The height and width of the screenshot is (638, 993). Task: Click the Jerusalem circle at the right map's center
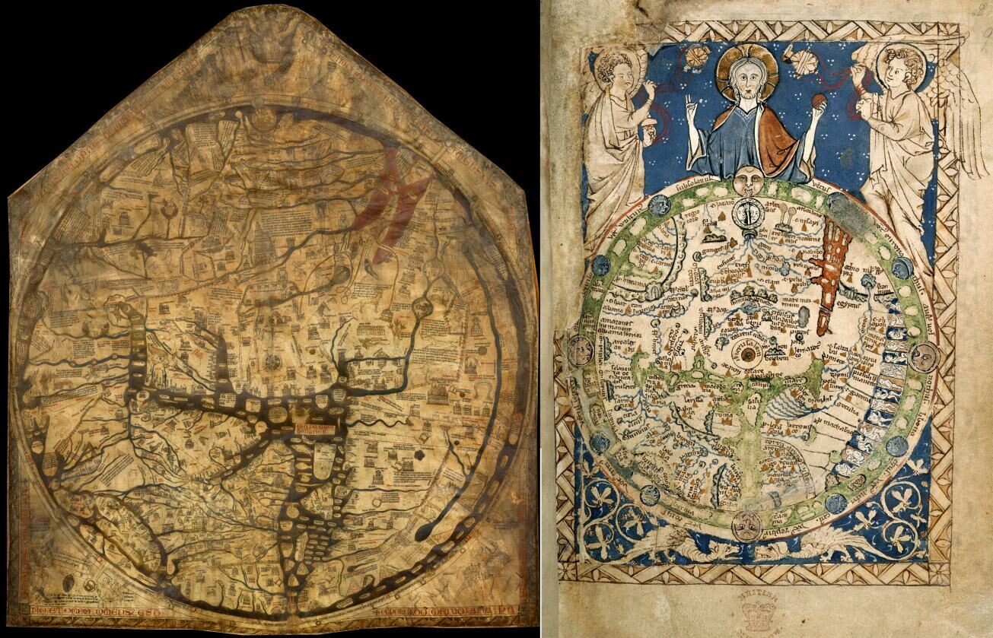(748, 354)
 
